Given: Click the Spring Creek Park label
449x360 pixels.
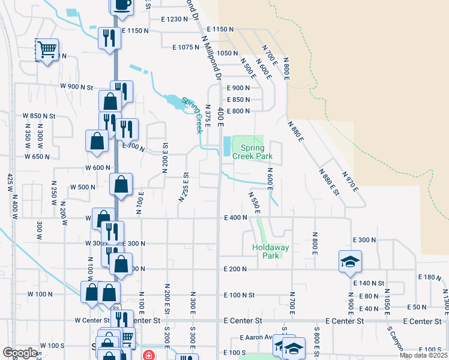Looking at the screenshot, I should click(x=256, y=152).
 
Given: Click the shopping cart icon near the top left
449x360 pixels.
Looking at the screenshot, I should click(x=47, y=49).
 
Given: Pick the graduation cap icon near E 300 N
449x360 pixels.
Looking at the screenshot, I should click(x=351, y=261).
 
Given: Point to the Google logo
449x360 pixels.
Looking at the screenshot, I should click(x=20, y=353).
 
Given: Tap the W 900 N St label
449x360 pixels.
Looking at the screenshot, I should click(x=76, y=87).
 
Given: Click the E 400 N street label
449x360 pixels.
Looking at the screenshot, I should click(x=235, y=218).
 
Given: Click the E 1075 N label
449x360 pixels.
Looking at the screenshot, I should click(x=185, y=47).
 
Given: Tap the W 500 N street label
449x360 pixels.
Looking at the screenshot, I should click(x=83, y=187).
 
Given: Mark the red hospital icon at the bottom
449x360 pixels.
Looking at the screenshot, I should click(x=147, y=355).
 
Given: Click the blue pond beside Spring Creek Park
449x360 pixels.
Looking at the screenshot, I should click(x=226, y=146).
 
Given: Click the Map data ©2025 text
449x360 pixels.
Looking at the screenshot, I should click(x=423, y=355).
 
